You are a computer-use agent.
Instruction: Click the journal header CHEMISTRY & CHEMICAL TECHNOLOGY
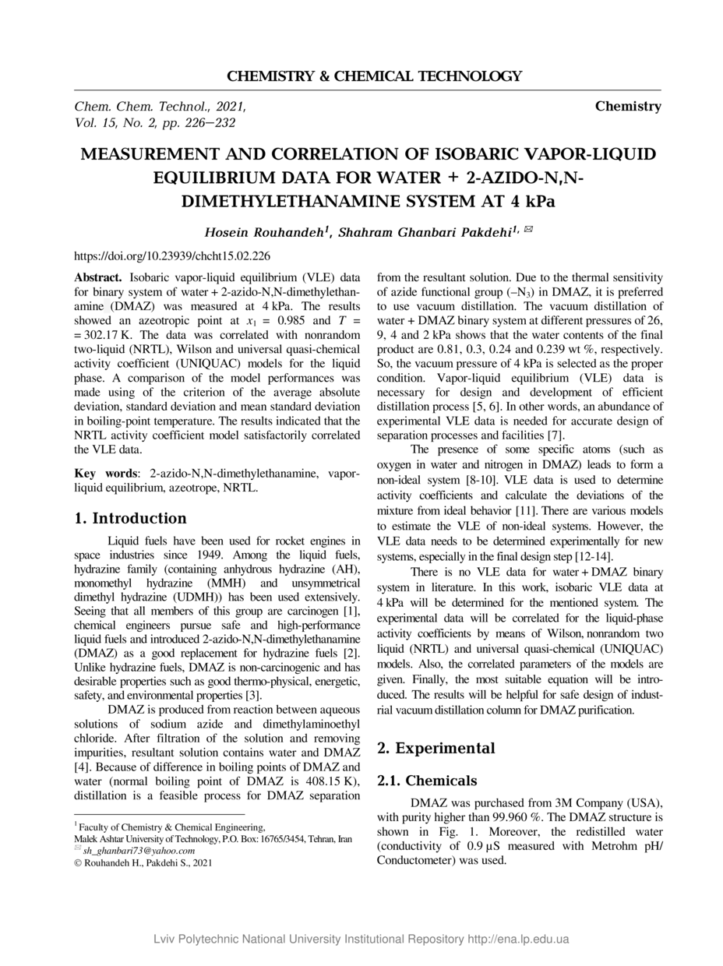pos(374,76)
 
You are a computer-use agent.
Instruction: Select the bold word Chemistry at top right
pos(628,106)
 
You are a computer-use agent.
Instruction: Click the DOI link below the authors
pos(171,256)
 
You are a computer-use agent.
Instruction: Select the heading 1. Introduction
pos(130,519)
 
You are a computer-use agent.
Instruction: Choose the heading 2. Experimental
pos(436,749)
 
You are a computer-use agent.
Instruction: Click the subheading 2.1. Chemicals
pos(427,781)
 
